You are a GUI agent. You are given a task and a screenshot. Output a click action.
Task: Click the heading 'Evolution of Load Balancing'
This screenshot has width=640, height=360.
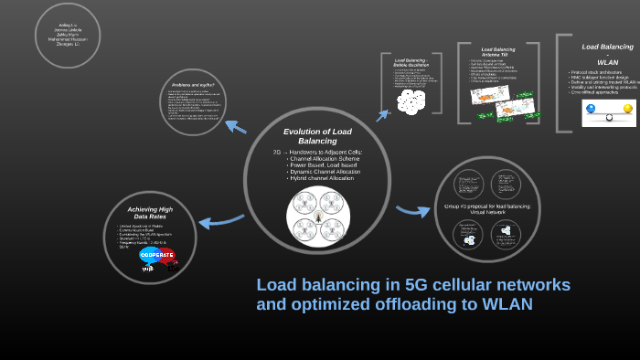317,136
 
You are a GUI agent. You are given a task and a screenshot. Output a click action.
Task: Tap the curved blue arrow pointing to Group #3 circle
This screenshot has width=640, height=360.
413,210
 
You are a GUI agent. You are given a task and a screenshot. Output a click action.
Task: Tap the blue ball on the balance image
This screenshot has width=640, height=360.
592,109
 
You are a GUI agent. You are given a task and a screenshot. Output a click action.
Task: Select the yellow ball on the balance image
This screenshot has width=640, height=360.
627,109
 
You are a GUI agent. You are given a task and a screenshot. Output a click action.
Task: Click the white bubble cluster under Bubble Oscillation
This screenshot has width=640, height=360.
411,101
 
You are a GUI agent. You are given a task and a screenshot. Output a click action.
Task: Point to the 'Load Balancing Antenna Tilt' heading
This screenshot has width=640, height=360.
498,52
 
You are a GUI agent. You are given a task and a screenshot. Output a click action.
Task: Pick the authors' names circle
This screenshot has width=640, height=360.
67,35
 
